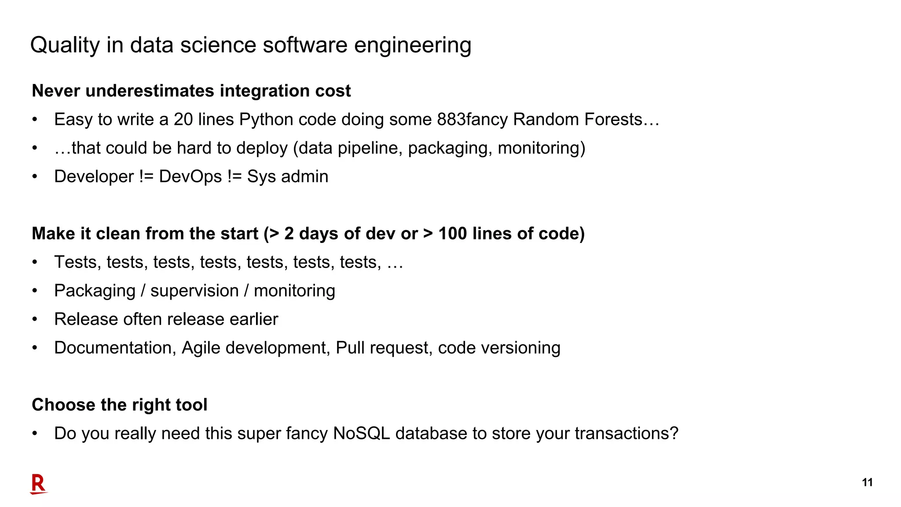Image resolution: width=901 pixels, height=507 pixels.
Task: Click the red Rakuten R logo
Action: tap(38, 484)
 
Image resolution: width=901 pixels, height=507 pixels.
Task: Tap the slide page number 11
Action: tap(867, 482)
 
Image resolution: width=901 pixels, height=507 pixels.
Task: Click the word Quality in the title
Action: tap(65, 45)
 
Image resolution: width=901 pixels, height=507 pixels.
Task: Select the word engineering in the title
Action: tap(413, 45)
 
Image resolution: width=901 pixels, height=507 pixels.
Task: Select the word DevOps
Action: tap(190, 176)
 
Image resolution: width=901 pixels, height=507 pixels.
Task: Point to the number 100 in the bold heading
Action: tap(453, 233)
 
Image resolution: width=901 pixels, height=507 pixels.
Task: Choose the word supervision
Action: tap(194, 290)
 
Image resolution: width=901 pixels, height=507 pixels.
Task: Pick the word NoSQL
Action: tap(361, 434)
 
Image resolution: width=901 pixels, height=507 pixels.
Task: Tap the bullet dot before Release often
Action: tap(35, 320)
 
